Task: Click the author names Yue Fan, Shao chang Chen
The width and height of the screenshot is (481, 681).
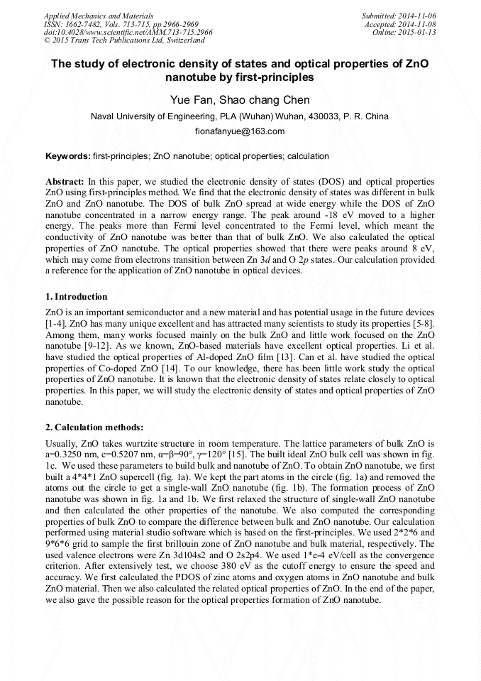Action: click(x=240, y=99)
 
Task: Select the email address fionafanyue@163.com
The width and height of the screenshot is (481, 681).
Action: click(x=240, y=131)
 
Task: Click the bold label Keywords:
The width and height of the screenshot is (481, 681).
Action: click(x=67, y=156)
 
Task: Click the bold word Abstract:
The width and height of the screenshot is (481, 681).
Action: click(x=65, y=182)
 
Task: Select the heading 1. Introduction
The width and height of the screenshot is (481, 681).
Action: click(x=77, y=296)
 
